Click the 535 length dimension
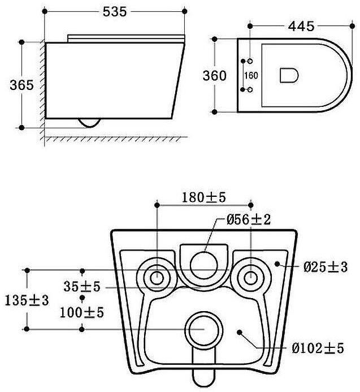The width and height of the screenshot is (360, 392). point(115,11)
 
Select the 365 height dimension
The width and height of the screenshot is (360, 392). point(21,85)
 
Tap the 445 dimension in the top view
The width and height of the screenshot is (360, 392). point(301,26)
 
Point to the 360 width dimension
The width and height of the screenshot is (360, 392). point(214,75)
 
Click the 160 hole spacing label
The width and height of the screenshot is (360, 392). point(251,75)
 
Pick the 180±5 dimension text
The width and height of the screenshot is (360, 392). point(203,197)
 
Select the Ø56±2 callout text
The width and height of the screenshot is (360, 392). point(249,219)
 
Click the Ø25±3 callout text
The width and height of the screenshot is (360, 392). point(326,267)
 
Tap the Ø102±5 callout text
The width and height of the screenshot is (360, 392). point(318,348)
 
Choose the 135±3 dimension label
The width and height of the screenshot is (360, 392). point(27,300)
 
